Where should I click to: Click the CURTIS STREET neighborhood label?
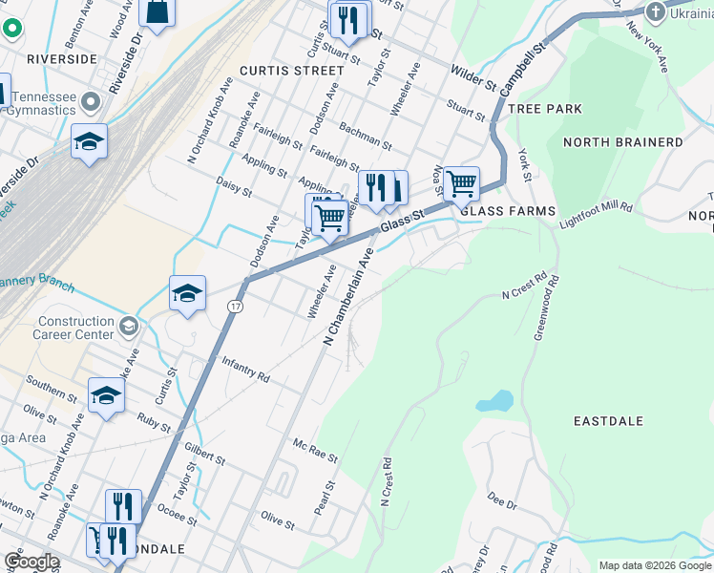(291, 71)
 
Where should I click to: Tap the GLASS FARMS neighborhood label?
(507, 211)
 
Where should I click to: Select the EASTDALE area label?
(608, 421)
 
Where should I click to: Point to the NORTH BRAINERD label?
(623, 142)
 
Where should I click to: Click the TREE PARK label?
(545, 109)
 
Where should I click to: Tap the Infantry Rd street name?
(245, 371)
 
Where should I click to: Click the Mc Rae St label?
(315, 452)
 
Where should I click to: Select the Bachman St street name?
(366, 137)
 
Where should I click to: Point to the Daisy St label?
(234, 185)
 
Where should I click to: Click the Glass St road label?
(401, 223)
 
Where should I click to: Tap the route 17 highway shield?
(234, 307)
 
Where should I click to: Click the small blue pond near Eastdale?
(494, 401)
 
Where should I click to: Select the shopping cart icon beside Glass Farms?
(461, 181)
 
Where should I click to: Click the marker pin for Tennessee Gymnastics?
(92, 101)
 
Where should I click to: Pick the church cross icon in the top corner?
(655, 11)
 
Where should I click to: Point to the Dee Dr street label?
(501, 499)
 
